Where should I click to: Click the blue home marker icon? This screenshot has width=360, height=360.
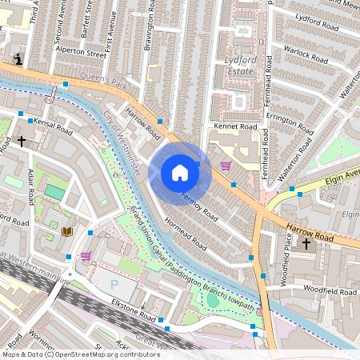[180, 172]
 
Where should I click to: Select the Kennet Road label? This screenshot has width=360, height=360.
[235, 126]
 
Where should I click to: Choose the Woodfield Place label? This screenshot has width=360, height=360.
[286, 261]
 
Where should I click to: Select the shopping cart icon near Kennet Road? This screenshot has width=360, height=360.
[226, 166]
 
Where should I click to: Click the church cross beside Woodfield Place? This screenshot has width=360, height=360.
[306, 242]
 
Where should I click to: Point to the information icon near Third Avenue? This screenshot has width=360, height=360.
[18, 58]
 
